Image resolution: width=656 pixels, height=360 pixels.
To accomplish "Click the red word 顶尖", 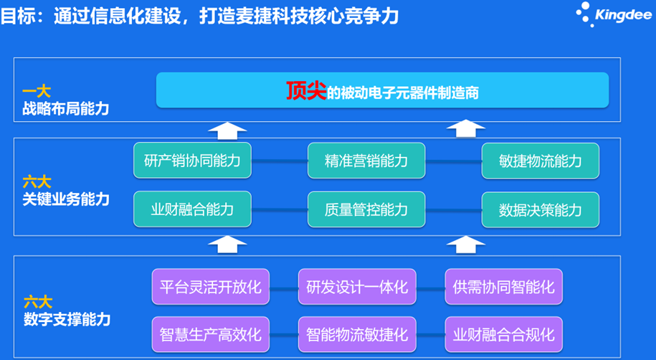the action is pyautogui.click(x=306, y=91).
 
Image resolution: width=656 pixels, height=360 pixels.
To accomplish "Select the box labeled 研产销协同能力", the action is pyautogui.click(x=192, y=161).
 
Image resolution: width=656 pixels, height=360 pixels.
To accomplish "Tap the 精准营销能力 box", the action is pyautogui.click(x=366, y=161).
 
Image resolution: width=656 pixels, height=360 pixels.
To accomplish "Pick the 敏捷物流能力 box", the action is pyautogui.click(x=541, y=161).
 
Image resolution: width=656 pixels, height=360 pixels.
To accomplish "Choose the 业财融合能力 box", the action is pyautogui.click(x=192, y=209).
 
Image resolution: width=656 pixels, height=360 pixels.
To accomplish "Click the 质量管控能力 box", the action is pyautogui.click(x=366, y=209).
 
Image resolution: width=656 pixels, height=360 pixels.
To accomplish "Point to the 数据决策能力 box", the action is pyautogui.click(x=541, y=210).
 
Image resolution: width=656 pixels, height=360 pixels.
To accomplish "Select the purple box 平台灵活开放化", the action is pyautogui.click(x=211, y=287).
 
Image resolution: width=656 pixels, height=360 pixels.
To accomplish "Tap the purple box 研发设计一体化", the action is pyautogui.click(x=357, y=287).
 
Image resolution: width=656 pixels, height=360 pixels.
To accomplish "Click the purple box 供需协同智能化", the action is pyautogui.click(x=504, y=287).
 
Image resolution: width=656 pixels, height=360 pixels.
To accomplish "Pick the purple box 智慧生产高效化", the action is pyautogui.click(x=211, y=334).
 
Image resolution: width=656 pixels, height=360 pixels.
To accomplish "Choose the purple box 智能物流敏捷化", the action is pyautogui.click(x=357, y=334).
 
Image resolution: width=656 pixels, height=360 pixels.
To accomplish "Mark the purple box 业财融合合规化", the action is pyautogui.click(x=504, y=334).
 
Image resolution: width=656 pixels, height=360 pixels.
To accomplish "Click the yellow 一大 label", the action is pyautogui.click(x=37, y=92).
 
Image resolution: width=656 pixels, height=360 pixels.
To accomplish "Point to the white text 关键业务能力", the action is pyautogui.click(x=66, y=199).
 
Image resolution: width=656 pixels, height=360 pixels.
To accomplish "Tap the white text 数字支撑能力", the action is pyautogui.click(x=67, y=319).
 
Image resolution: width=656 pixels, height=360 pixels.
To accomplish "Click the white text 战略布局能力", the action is pyautogui.click(x=66, y=109).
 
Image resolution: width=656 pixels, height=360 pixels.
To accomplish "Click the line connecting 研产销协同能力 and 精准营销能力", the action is pyautogui.click(x=280, y=161).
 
